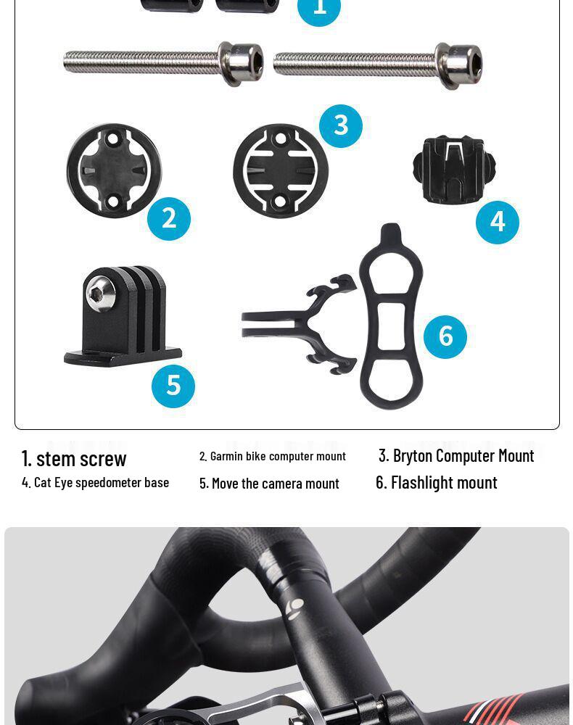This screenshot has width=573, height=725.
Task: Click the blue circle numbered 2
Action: click(169, 218)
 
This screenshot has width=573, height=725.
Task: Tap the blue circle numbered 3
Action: click(341, 125)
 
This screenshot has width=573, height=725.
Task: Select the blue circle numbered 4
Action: click(498, 222)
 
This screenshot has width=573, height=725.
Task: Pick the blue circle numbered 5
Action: click(173, 386)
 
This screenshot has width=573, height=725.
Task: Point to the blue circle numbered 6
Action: click(445, 336)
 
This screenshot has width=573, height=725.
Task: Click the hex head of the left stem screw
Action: click(242, 63)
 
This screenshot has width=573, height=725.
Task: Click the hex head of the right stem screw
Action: click(459, 65)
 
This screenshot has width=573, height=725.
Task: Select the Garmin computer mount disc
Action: click(114, 170)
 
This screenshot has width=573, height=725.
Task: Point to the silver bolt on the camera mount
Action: click(100, 294)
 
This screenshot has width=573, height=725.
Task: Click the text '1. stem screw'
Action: click(74, 458)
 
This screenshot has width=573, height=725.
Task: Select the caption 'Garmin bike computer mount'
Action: click(273, 456)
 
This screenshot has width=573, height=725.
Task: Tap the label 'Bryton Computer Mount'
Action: click(456, 455)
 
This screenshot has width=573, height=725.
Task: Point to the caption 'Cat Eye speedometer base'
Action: click(95, 482)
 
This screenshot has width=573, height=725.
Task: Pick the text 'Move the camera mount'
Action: click(269, 483)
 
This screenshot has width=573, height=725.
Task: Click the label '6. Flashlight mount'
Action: click(437, 482)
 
